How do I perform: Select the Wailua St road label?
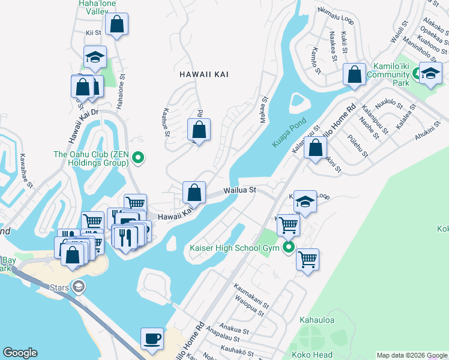pyautogui.click(x=240, y=190)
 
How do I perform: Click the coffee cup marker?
pyautogui.click(x=152, y=338)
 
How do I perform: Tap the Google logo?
pyautogui.click(x=20, y=353)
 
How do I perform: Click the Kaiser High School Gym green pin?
pyautogui.click(x=289, y=247)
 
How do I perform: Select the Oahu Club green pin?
pyautogui.click(x=138, y=158)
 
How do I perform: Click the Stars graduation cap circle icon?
pyautogui.click(x=77, y=287)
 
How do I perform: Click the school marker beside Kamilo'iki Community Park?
pyautogui.click(x=430, y=74)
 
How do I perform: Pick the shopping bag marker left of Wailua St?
pyautogui.click(x=194, y=193)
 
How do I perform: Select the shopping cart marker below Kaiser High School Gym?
pyautogui.click(x=307, y=260)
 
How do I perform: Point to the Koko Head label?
pyautogui.click(x=308, y=355)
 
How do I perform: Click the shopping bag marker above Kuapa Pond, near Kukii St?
pyautogui.click(x=355, y=75)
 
